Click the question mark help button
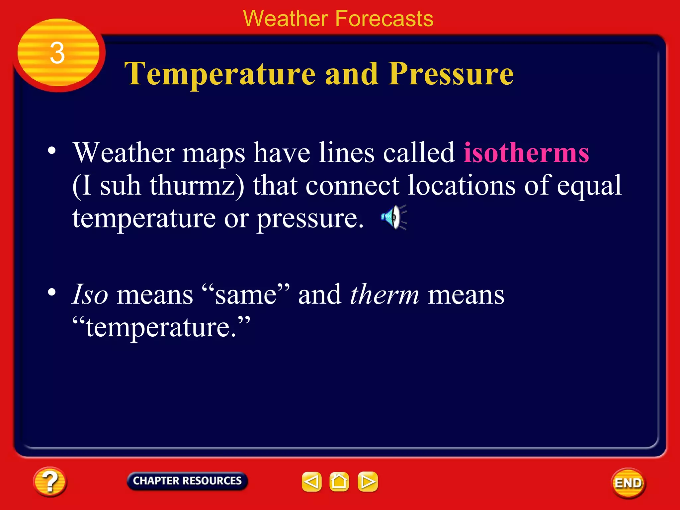[x=50, y=481]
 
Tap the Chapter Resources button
[x=187, y=481]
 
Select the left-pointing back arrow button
[x=311, y=481]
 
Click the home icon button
[x=339, y=481]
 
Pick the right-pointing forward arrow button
[x=368, y=481]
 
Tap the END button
[x=628, y=483]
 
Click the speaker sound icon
[x=394, y=217]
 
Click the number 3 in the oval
[x=57, y=53]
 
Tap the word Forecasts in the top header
[x=384, y=19]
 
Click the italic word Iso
[x=90, y=295]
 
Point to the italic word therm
[x=384, y=295]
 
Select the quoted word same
[x=246, y=295]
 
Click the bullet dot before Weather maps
[x=52, y=150]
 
